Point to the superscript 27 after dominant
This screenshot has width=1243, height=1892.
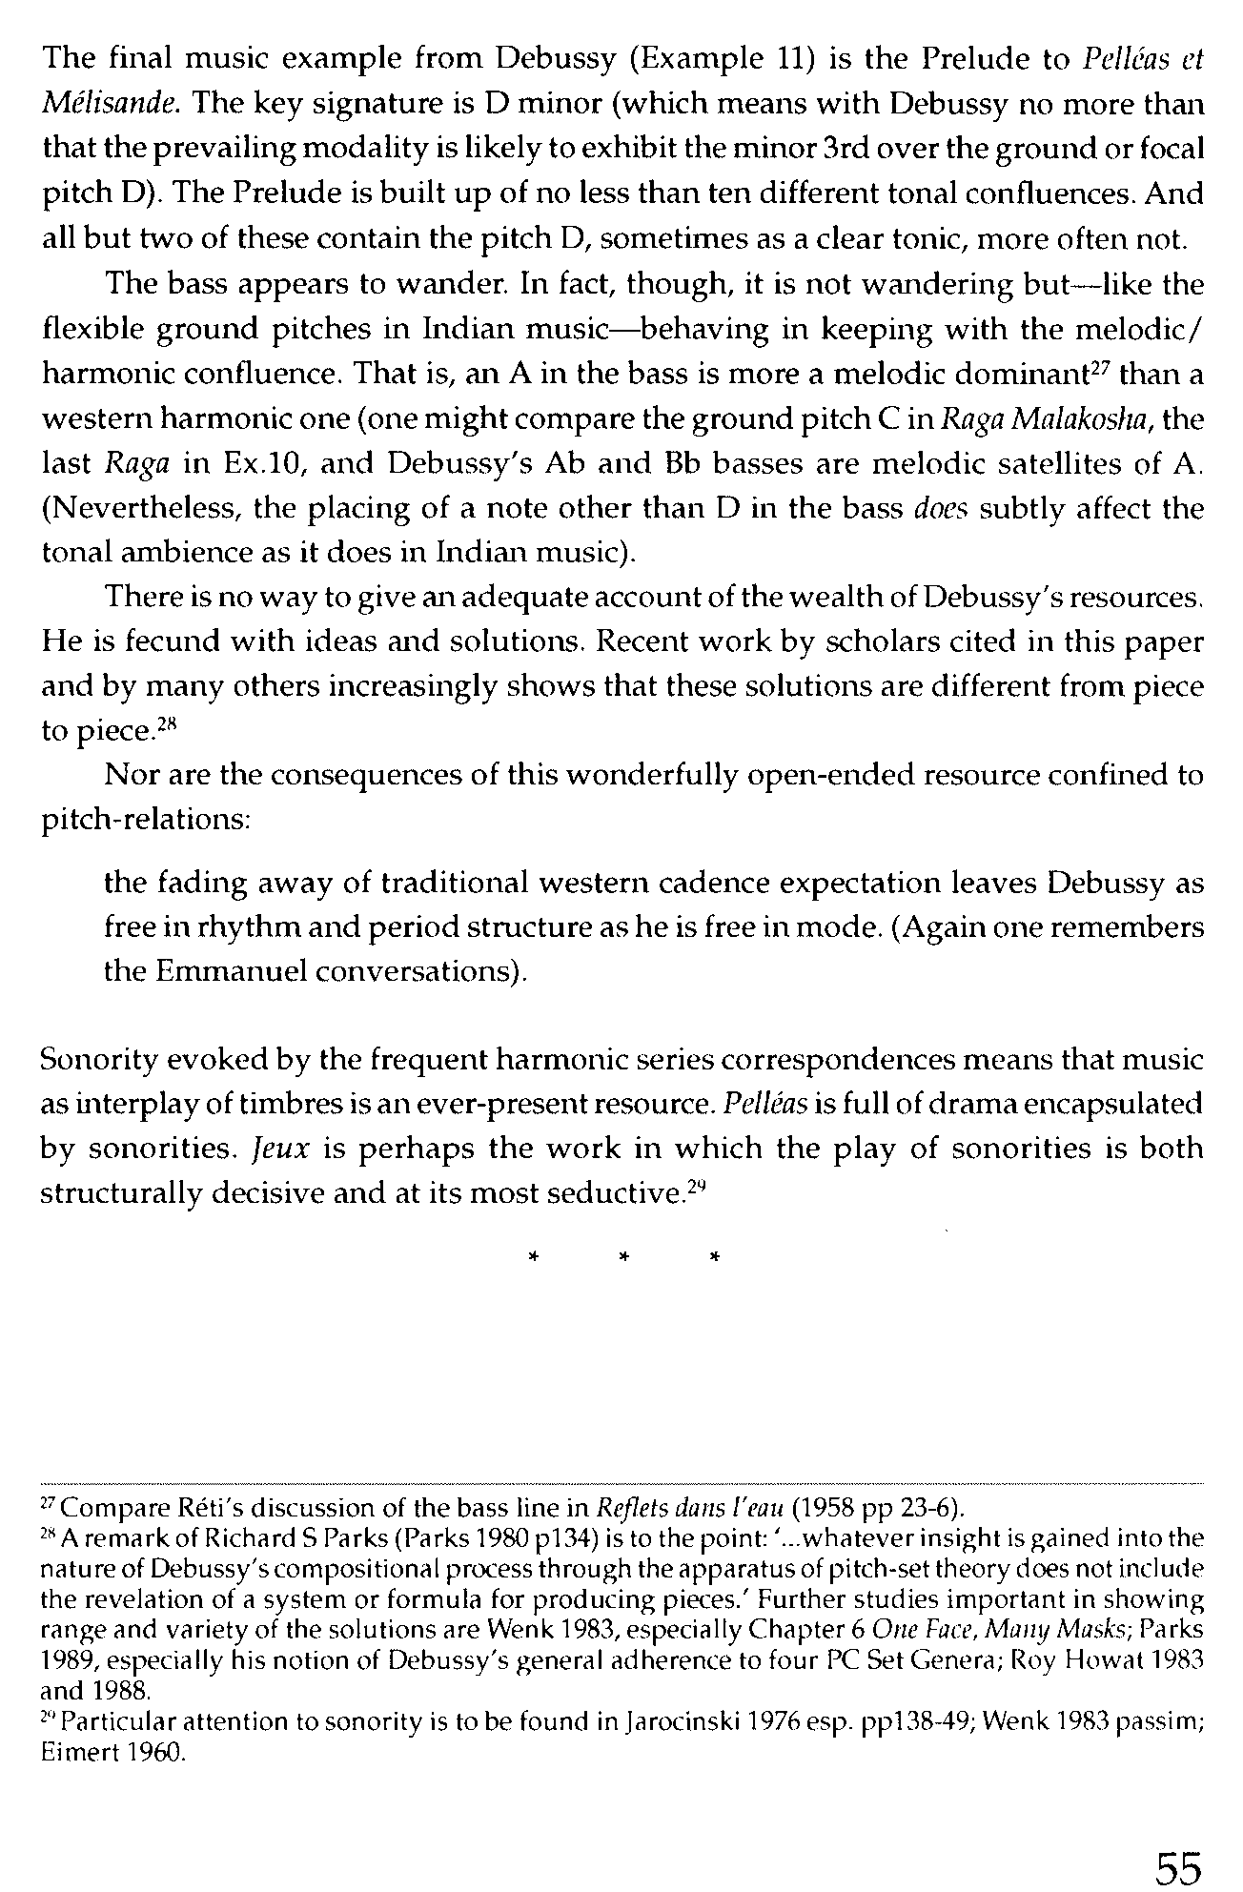pos(1097,367)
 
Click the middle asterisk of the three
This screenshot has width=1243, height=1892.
pos(623,1259)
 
